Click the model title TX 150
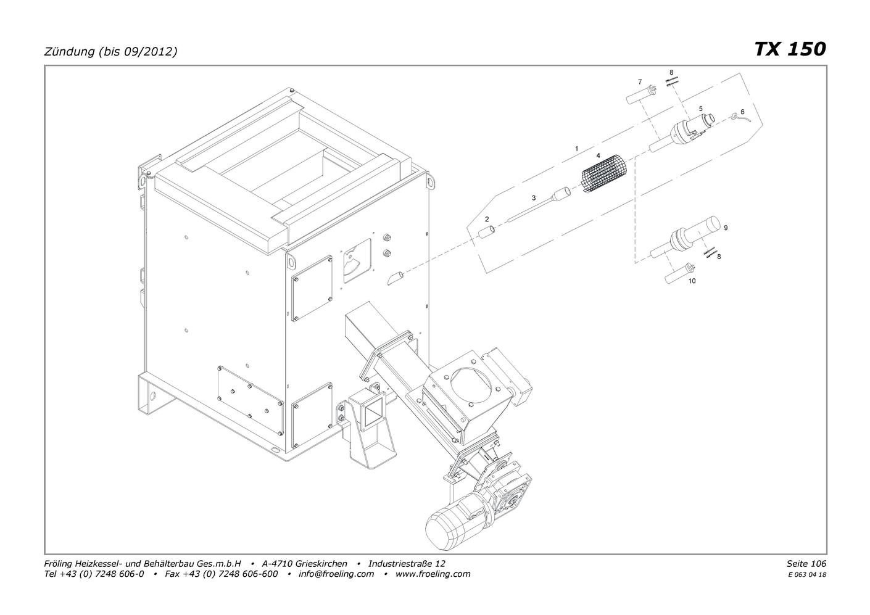point(789,49)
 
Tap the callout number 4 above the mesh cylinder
point(598,155)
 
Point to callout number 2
point(487,219)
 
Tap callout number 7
point(640,81)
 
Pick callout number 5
point(700,108)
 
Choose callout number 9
point(726,228)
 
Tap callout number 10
point(692,281)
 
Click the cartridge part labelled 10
point(679,274)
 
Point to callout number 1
point(576,149)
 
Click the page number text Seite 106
point(806,564)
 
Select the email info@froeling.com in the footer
point(336,574)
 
